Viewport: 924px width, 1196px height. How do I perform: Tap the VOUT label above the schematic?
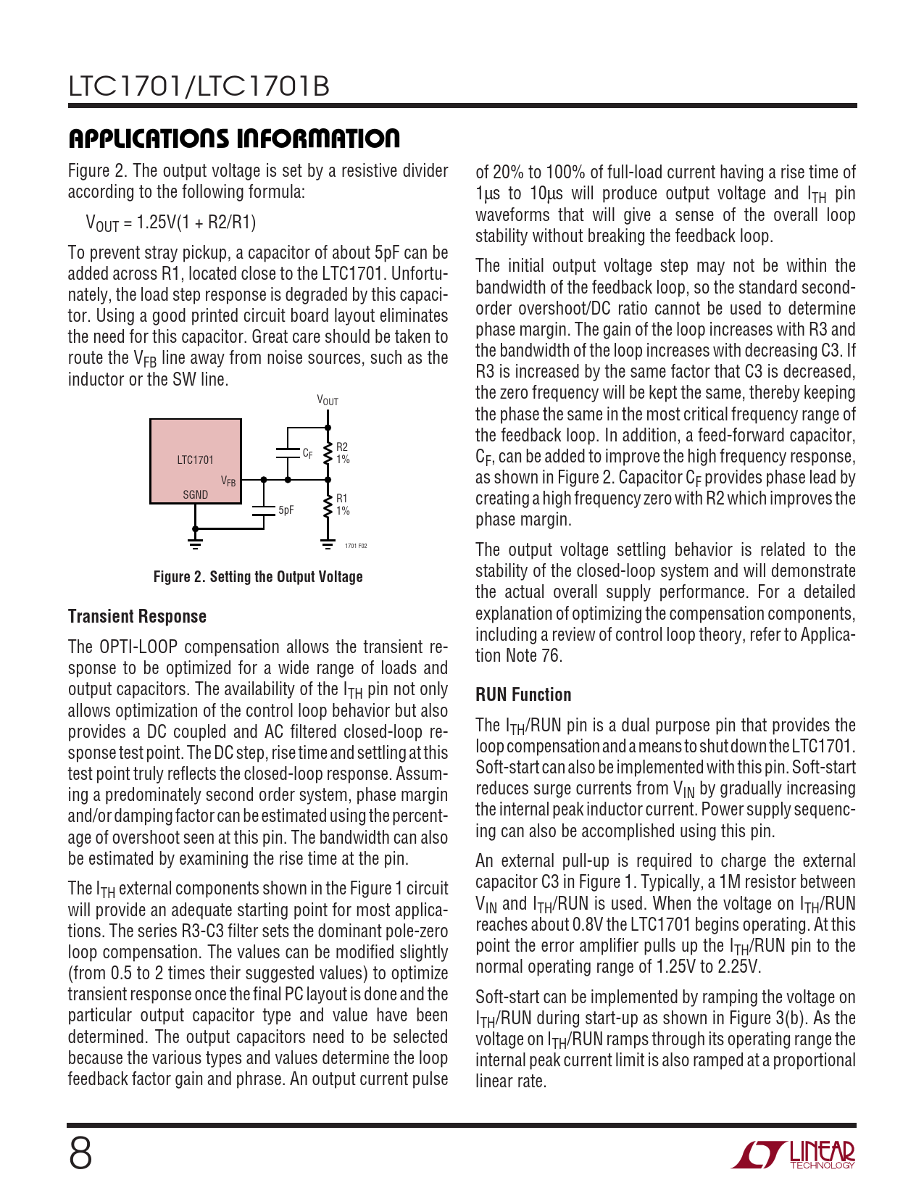point(328,400)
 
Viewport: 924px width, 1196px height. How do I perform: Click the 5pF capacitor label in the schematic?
point(286,510)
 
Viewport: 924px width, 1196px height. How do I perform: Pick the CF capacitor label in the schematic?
point(308,453)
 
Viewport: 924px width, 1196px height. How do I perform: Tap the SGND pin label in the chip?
point(195,494)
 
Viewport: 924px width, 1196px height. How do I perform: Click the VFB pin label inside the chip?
point(228,481)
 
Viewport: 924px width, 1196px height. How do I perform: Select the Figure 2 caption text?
point(258,577)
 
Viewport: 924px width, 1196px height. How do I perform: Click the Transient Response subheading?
point(137,616)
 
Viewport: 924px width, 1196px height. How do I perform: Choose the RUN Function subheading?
point(523,694)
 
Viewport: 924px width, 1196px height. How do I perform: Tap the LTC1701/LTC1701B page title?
point(199,86)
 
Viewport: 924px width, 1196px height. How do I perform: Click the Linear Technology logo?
point(793,1154)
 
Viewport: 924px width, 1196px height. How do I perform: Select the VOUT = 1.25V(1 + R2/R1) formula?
point(171,223)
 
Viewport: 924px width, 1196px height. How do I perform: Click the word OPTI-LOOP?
point(138,647)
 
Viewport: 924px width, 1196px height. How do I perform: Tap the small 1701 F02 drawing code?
point(355,545)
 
